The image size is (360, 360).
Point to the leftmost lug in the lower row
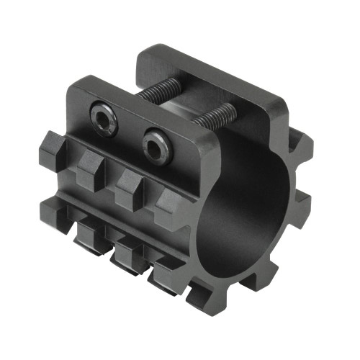pyautogui.click(x=58, y=209)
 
